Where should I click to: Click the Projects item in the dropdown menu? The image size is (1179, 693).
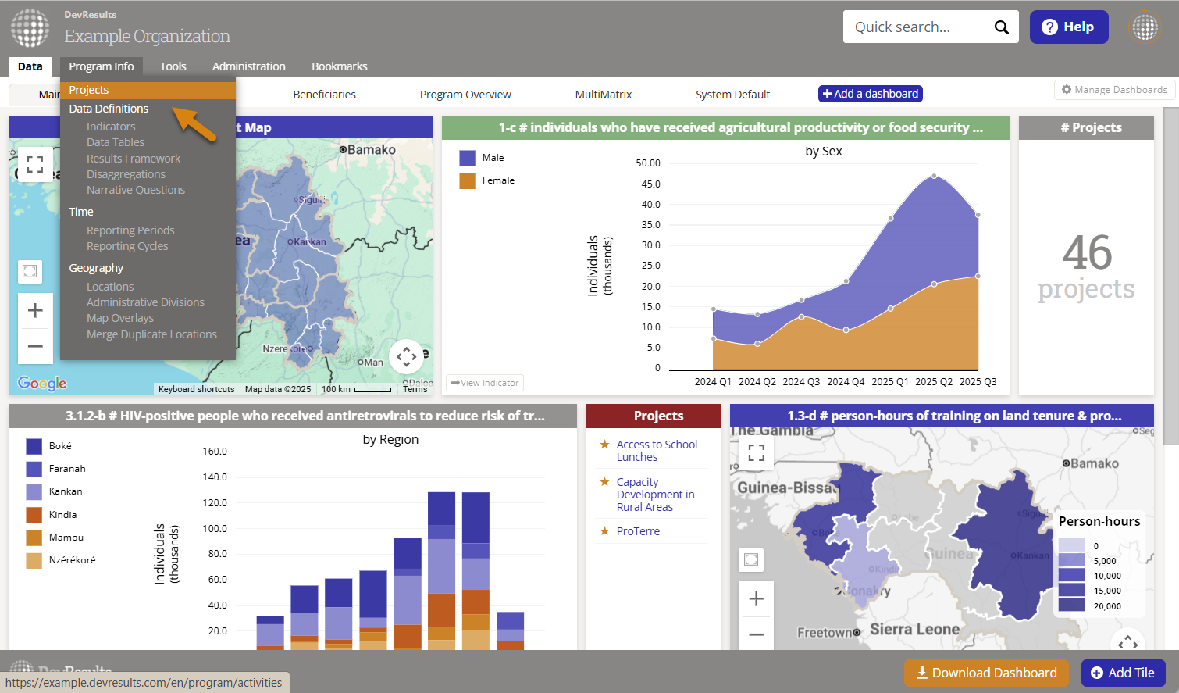coord(89,90)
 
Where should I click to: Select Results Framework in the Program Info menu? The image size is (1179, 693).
coord(133,159)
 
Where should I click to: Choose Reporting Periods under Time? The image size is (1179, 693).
coord(130,230)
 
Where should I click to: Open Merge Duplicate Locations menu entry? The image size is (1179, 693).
coord(151,334)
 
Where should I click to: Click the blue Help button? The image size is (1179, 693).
coord(1068,27)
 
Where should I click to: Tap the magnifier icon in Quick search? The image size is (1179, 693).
coord(1001,27)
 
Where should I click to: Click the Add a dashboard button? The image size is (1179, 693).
coord(870,94)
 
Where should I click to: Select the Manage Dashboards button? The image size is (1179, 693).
coord(1114,90)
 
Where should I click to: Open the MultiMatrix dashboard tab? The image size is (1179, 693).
coord(603,95)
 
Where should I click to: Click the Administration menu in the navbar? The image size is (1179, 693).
coord(248,66)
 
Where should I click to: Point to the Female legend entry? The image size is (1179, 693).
coord(497,180)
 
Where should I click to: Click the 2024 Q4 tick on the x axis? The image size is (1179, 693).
coord(846,382)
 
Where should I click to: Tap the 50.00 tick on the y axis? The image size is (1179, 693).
coord(647,163)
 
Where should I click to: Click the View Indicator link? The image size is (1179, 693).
coord(485,383)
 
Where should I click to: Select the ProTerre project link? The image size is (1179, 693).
coord(638,531)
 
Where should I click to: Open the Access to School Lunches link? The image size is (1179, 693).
coord(656,451)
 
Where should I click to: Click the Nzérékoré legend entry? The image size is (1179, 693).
coord(72,560)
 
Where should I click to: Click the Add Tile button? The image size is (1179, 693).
coord(1122,673)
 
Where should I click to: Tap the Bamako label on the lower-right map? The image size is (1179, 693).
coord(1094,463)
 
